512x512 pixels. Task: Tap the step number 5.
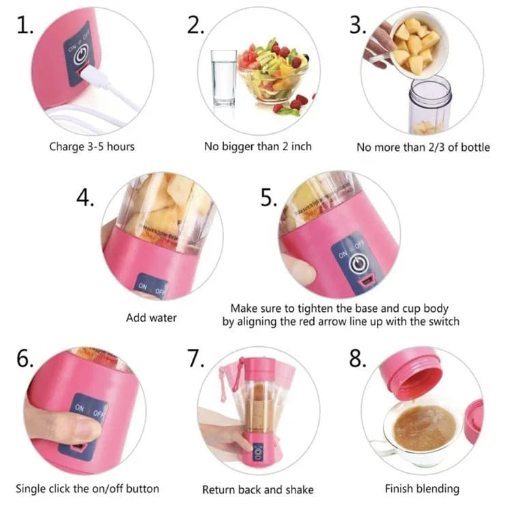click(x=269, y=197)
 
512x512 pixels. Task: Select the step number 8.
click(x=357, y=358)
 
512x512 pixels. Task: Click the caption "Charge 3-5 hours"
click(x=91, y=146)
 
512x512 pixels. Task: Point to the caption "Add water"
click(x=152, y=317)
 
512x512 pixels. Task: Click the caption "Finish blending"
click(x=422, y=489)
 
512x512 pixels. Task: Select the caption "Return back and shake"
click(x=258, y=489)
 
